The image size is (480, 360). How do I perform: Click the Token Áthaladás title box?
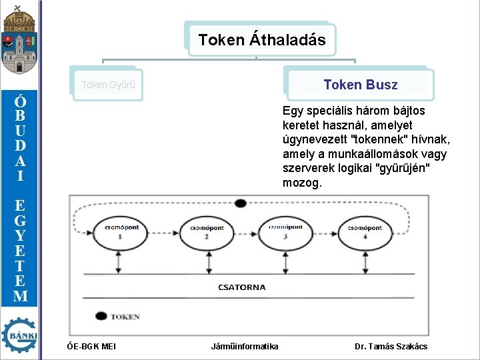coord(262,40)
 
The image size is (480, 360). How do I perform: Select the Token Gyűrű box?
coord(108,85)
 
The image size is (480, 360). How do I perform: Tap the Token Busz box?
coord(360,85)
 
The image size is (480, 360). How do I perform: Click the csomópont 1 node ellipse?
coord(121,231)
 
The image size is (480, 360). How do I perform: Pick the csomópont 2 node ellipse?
coord(206,231)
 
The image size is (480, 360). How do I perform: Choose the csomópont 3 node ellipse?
coord(285,231)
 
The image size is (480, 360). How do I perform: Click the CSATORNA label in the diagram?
coord(241,287)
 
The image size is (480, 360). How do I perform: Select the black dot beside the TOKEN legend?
coord(101,316)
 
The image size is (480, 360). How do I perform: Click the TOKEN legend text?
coord(125,317)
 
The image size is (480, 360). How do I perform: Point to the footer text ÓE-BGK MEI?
coord(91,346)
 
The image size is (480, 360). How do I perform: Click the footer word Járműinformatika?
coord(245,346)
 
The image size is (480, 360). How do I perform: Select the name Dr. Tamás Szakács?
coord(391,346)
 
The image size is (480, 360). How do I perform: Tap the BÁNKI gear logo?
coord(19,335)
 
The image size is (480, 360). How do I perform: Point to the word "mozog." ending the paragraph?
coord(302,182)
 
